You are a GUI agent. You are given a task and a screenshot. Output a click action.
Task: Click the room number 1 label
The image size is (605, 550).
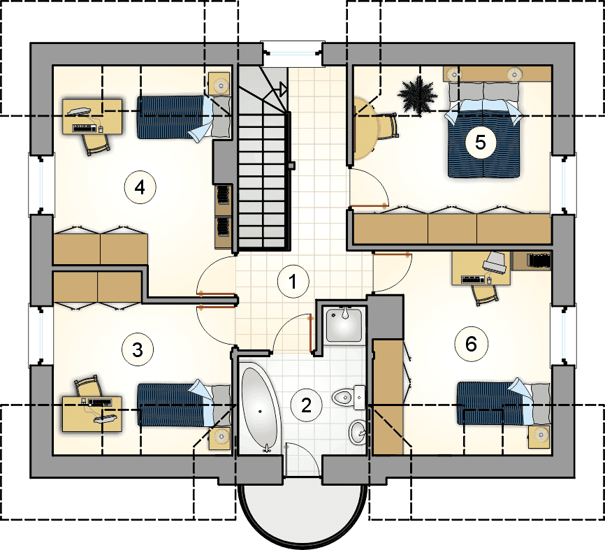point(293,282)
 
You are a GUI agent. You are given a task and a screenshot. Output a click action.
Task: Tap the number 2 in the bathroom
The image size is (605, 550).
point(306,405)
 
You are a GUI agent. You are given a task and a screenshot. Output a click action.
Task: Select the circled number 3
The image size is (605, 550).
point(138,349)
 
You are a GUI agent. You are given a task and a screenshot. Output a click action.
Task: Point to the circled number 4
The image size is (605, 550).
point(140,187)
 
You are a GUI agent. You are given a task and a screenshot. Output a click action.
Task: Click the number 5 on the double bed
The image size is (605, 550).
point(481,142)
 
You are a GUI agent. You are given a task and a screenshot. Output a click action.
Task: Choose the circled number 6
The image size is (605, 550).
point(471,344)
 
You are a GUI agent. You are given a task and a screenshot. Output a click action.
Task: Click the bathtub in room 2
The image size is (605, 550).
point(259,409)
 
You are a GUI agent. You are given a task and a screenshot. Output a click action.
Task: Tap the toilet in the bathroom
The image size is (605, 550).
point(349,397)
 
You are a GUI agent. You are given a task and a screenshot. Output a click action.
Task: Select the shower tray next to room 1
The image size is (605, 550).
point(344,324)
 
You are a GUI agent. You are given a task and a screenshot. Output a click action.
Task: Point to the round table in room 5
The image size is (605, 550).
point(364,128)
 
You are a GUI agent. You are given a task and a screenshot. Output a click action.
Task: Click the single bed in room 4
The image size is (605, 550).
point(184,117)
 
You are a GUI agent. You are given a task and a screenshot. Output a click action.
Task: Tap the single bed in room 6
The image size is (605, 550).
point(504,403)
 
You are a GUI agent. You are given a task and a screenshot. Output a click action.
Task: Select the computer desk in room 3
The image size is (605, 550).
point(92,414)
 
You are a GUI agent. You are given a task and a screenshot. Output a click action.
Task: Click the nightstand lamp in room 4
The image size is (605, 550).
point(221,85)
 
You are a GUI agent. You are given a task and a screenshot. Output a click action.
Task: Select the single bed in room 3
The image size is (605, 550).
point(184,404)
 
